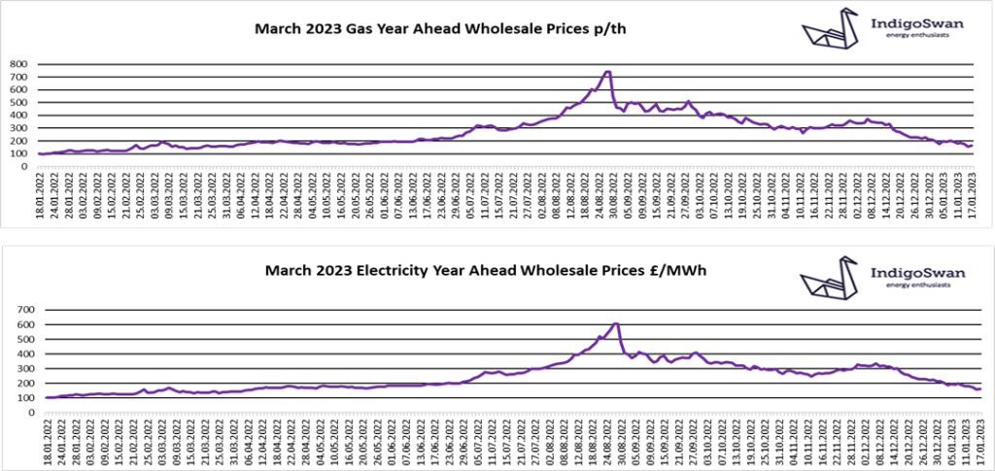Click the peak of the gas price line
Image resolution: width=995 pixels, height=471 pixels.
tap(607, 71)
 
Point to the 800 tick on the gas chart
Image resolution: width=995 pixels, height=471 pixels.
tap(20, 65)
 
